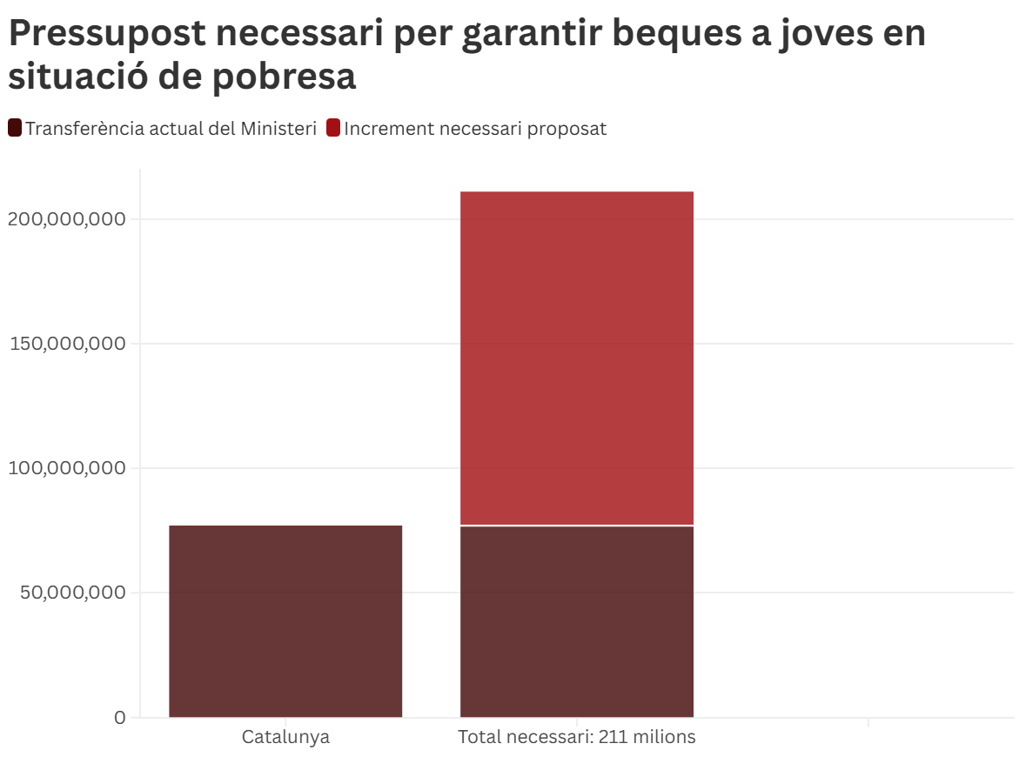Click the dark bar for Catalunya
(285, 621)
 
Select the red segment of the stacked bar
(576, 358)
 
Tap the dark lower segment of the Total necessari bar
(576, 621)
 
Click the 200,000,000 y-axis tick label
(66, 218)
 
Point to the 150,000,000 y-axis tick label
(66, 343)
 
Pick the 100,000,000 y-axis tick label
(66, 468)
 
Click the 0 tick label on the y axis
(120, 718)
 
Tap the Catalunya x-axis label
(285, 738)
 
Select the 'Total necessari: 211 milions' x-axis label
(577, 738)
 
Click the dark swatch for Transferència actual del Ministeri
(15, 129)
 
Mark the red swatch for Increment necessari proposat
(333, 129)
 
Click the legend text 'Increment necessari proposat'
(475, 129)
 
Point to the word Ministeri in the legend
(280, 129)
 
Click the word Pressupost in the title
(107, 35)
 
